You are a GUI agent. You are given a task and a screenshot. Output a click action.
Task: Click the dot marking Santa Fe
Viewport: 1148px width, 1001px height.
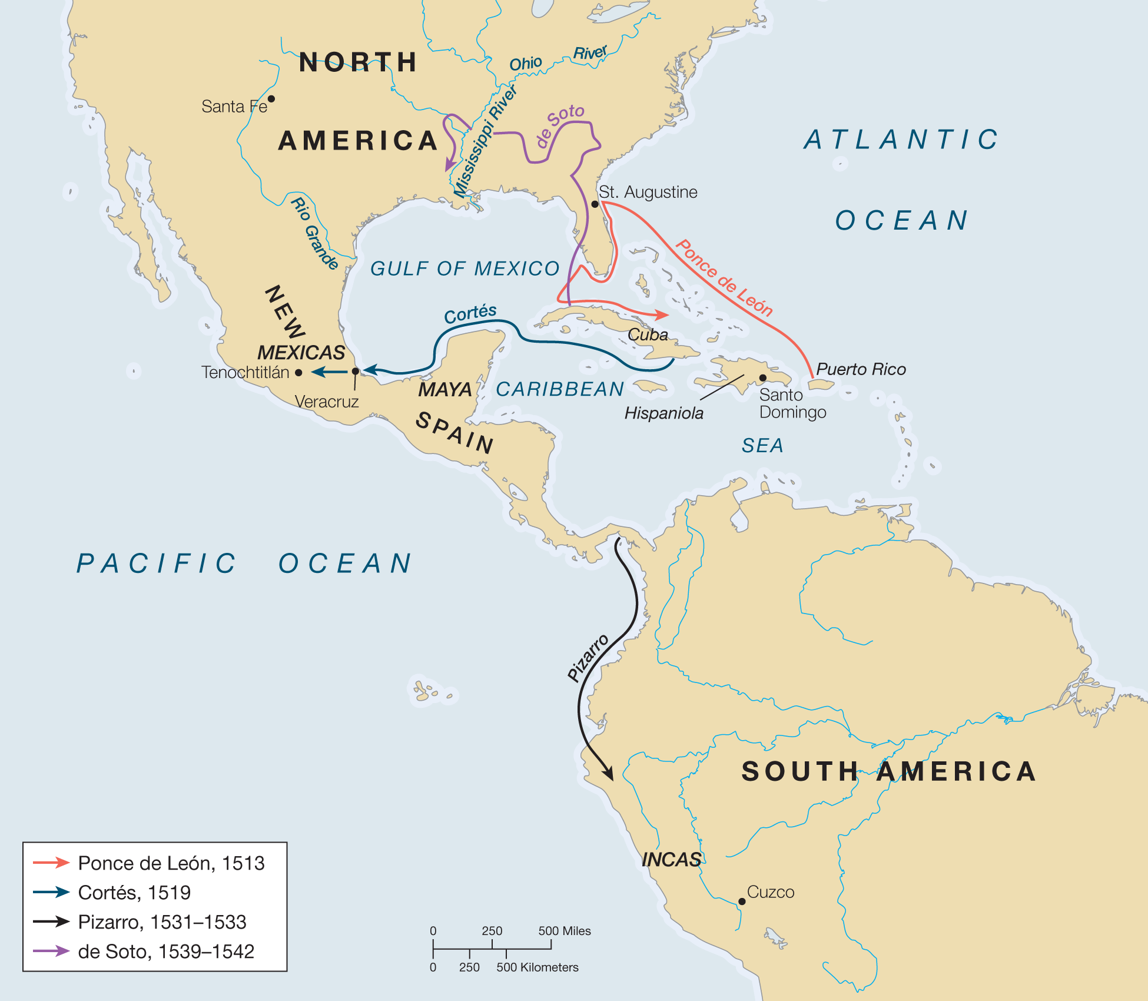point(271,99)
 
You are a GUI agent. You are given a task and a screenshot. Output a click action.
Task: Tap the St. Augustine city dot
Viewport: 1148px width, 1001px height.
point(595,204)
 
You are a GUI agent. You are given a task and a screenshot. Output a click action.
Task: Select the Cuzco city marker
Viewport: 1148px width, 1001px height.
point(742,901)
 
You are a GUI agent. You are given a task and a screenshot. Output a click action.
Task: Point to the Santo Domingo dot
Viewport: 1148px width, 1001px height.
point(762,377)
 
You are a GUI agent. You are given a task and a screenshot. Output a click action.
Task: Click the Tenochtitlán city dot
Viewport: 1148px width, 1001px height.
point(298,373)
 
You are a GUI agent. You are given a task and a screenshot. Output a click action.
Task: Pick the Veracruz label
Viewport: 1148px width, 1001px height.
point(327,402)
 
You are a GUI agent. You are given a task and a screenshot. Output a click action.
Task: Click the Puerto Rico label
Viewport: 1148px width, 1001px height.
point(861,369)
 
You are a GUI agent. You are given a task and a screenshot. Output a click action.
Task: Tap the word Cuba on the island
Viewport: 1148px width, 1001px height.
point(648,335)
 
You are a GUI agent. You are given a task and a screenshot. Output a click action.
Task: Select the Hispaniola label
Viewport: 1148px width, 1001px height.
point(663,413)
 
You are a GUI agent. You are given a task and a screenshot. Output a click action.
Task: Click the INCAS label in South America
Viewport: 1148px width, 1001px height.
point(671,860)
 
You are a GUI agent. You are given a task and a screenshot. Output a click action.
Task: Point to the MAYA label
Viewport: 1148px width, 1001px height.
point(444,389)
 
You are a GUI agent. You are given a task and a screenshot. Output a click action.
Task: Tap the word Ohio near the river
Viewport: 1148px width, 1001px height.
point(525,64)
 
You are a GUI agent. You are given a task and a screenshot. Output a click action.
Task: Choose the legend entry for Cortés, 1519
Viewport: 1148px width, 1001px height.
point(134,893)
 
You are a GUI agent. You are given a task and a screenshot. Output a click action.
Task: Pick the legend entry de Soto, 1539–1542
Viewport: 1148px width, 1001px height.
point(166,952)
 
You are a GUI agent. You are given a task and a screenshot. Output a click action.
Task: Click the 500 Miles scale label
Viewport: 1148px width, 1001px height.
point(564,931)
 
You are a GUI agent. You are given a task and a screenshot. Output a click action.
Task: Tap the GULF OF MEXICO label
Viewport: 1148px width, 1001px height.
point(464,269)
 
